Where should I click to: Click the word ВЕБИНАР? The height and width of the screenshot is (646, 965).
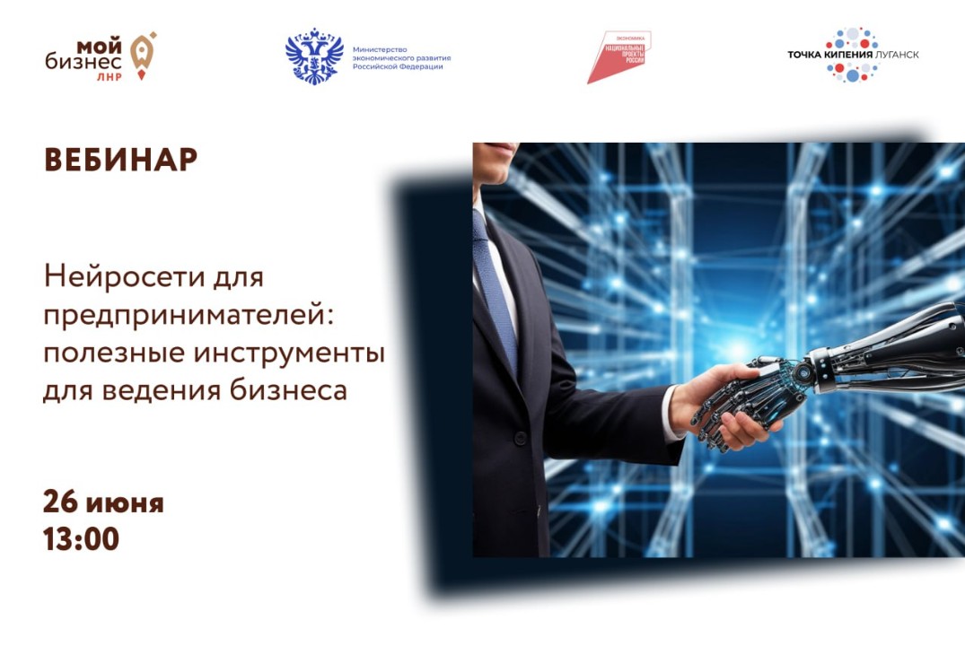[120, 159]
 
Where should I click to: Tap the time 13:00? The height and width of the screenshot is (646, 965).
[81, 538]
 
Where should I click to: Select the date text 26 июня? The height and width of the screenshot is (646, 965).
[103, 502]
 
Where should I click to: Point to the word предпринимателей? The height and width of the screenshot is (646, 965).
[157, 315]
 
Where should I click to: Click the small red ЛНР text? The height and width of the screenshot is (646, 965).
[107, 76]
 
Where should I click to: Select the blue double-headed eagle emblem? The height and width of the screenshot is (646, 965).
[314, 56]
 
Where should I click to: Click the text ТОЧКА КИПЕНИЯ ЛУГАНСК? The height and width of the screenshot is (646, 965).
[853, 55]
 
